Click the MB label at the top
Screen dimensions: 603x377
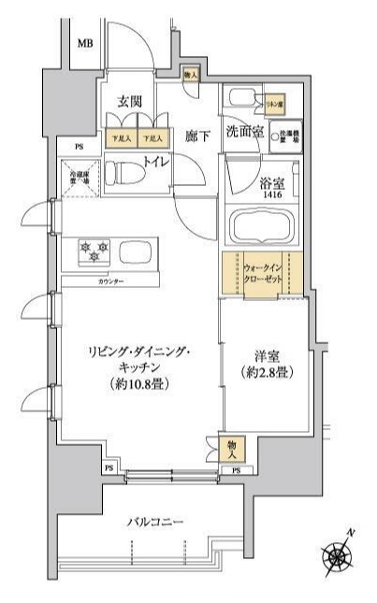point(85,43)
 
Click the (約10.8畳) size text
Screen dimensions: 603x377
point(138,383)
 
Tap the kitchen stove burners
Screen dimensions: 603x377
point(96,251)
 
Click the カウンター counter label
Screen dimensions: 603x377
point(112,280)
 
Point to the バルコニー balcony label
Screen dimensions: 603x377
point(155,522)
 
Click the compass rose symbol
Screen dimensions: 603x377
point(338,555)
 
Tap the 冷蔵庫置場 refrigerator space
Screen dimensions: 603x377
point(78,175)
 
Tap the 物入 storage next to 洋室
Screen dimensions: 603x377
point(232,449)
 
